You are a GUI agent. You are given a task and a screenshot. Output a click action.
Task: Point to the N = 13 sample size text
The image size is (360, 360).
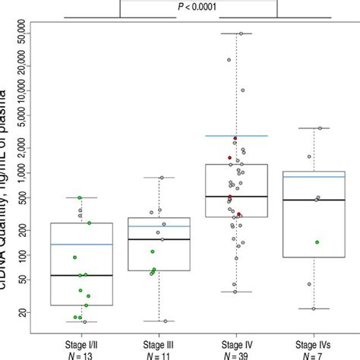pos(81,355)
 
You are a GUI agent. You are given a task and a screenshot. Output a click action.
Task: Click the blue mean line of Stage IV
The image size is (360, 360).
pos(236,136)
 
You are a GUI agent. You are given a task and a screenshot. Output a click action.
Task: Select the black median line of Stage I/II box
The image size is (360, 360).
pos(81,275)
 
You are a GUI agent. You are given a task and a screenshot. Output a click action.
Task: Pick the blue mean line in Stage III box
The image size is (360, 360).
pos(159,226)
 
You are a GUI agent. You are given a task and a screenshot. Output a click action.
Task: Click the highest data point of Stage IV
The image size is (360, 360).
pos(242,33)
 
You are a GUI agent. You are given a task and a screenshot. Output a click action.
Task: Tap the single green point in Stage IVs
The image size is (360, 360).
pos(317,242)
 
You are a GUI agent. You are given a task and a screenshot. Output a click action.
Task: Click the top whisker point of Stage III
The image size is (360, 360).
pos(160,178)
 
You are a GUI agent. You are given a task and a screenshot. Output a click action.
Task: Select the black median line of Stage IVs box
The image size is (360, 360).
pos(313,200)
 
